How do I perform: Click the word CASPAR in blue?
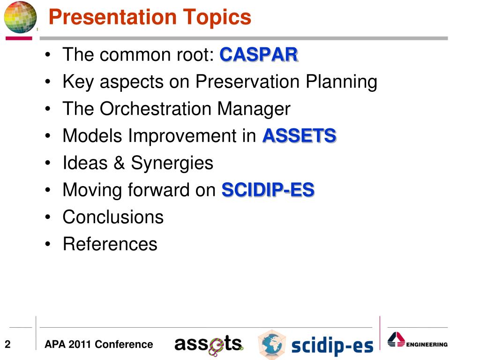pos(259,55)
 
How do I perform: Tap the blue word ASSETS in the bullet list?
pos(300,135)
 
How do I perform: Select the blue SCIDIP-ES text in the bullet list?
pos(268,190)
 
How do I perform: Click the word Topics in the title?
pos(217,17)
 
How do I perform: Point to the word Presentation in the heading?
pos(112,17)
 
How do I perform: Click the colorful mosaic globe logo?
pos(20,17)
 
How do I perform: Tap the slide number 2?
pos(7,345)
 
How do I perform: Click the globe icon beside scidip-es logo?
pos(271,344)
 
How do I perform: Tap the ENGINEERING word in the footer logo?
pos(427,345)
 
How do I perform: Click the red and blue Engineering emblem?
pos(396,339)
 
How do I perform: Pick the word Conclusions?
pos(113,217)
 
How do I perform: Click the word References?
pos(110,244)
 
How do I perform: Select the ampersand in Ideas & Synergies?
pos(119,163)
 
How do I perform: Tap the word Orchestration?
pos(156,109)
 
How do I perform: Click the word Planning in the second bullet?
pos(341,82)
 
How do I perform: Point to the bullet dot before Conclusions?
pos(47,217)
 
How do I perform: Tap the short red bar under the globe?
pos(19,38)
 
